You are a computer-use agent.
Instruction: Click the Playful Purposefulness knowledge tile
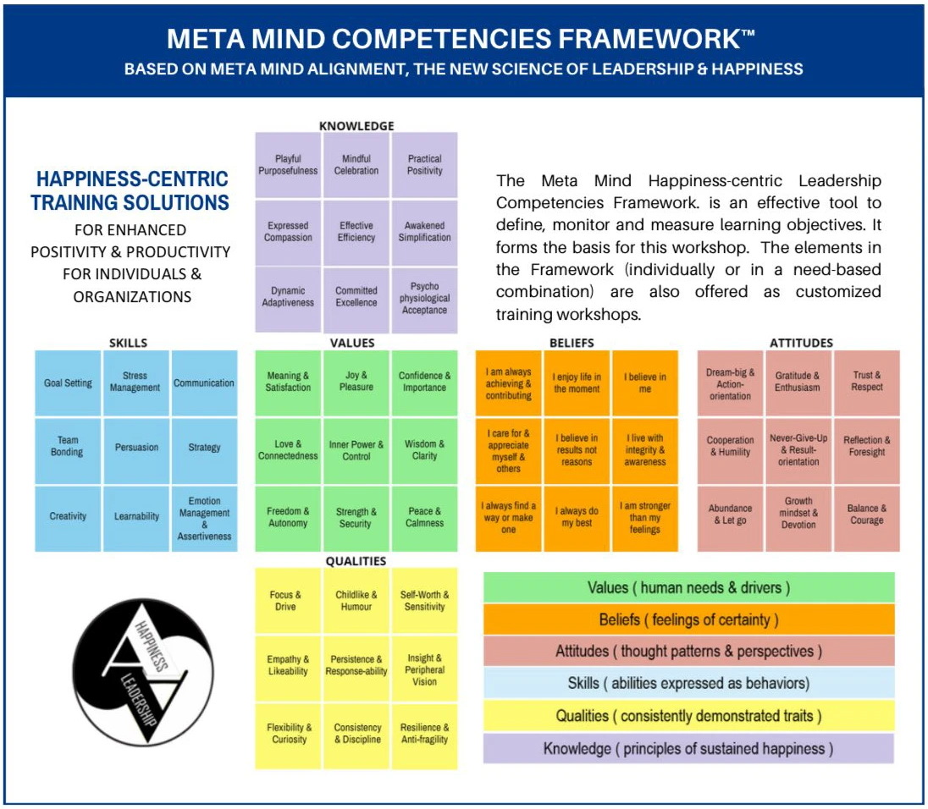click(x=288, y=165)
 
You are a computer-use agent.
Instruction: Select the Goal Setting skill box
click(x=68, y=383)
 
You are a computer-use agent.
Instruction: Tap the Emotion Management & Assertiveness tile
click(x=204, y=519)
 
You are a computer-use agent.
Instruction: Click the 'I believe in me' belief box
click(x=645, y=383)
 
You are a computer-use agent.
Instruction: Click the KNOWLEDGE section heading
click(x=356, y=126)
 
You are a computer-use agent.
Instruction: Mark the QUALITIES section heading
click(x=356, y=561)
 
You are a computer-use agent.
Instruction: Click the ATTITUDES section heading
click(x=801, y=343)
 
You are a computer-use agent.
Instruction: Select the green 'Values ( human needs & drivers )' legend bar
click(x=689, y=588)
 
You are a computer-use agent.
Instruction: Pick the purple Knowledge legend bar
click(x=689, y=749)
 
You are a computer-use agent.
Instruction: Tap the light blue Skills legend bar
click(x=689, y=684)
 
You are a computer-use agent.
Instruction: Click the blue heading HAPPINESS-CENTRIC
click(x=132, y=179)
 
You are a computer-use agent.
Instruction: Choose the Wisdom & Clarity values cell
click(x=424, y=451)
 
